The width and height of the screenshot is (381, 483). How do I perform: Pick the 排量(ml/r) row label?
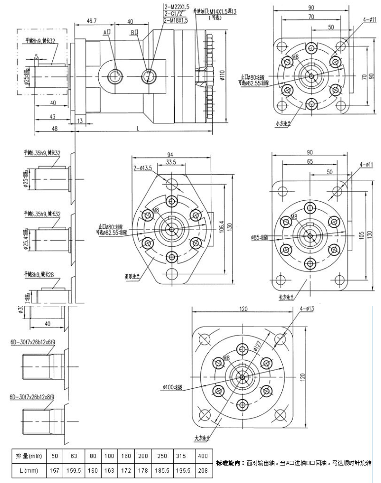[31, 455]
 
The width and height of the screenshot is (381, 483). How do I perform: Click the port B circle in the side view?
[148, 76]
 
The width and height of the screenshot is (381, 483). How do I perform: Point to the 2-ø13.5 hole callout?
[143, 168]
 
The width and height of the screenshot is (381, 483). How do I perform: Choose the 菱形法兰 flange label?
[133, 276]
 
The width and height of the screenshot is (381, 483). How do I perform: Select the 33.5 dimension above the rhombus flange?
[172, 162]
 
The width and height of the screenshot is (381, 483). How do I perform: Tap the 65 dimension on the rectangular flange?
[309, 161]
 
